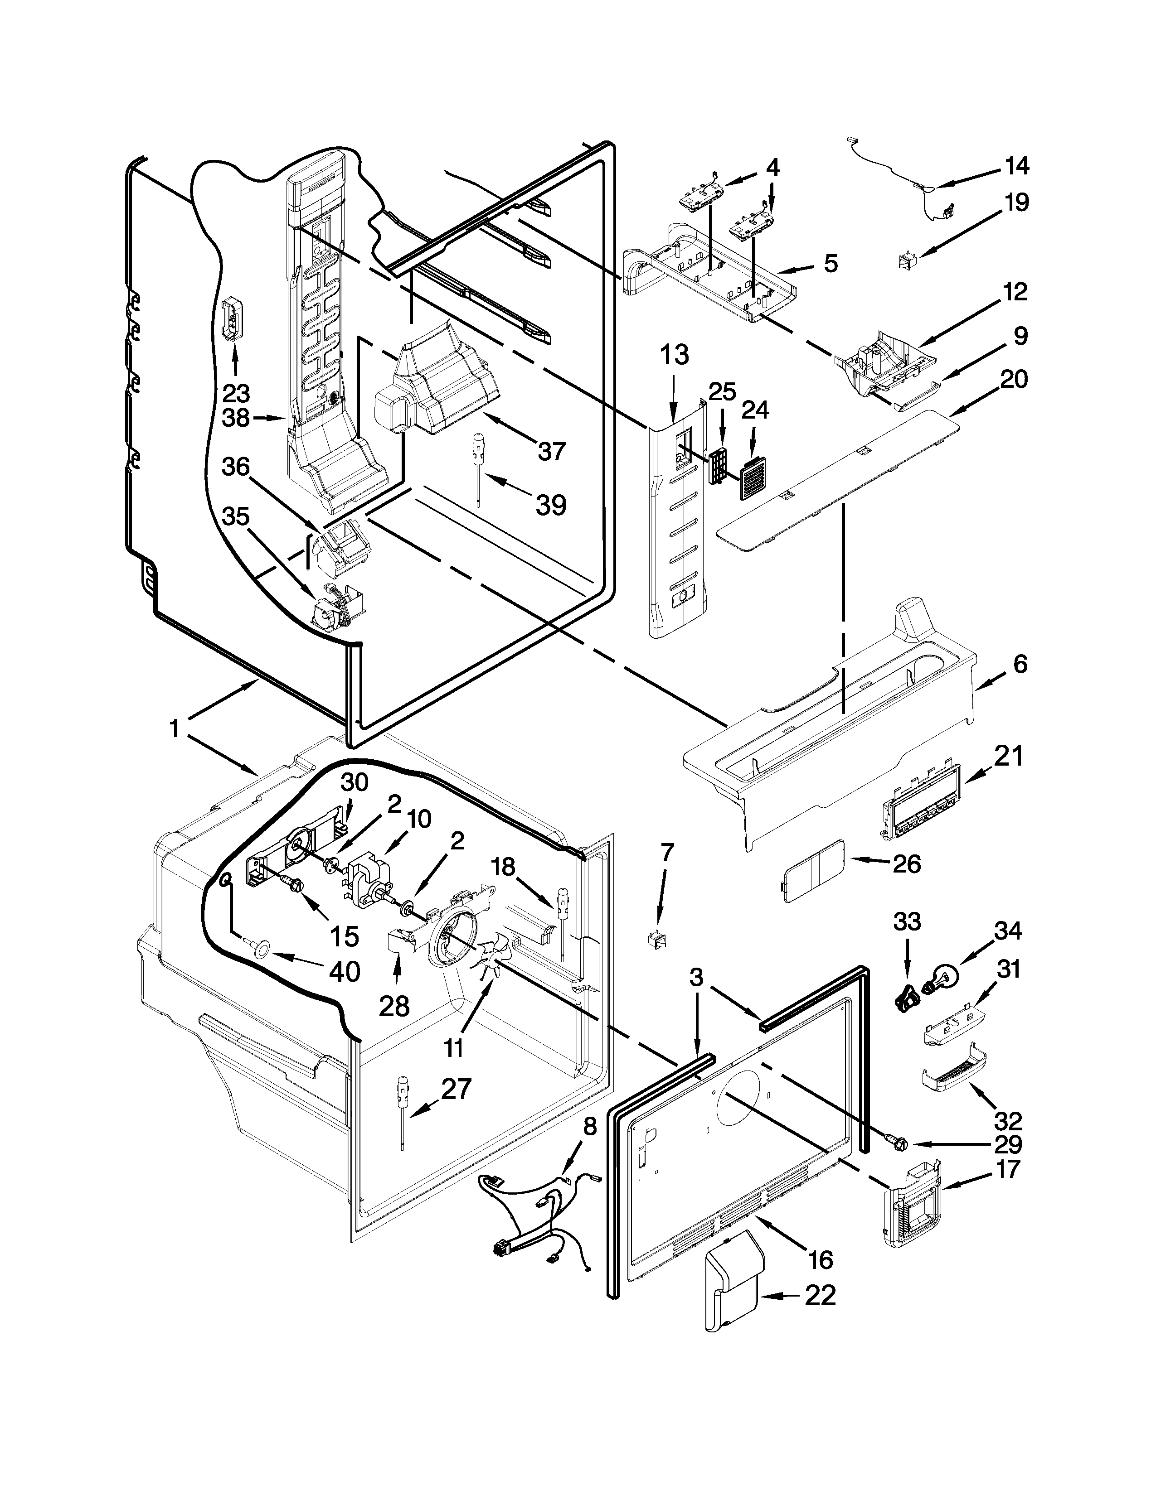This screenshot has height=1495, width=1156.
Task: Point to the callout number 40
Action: (344, 971)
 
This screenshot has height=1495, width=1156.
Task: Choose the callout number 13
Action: (675, 356)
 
